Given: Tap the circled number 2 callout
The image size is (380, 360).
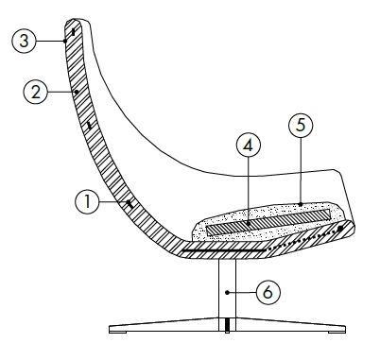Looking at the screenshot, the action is (x=35, y=92).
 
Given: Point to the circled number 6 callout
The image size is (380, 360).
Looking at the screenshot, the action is (x=268, y=293).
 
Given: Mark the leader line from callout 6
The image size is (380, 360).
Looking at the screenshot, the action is (x=244, y=292).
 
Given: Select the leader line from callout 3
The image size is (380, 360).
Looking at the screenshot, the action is (x=52, y=40).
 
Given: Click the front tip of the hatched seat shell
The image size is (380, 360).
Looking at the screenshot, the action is (x=351, y=224).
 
